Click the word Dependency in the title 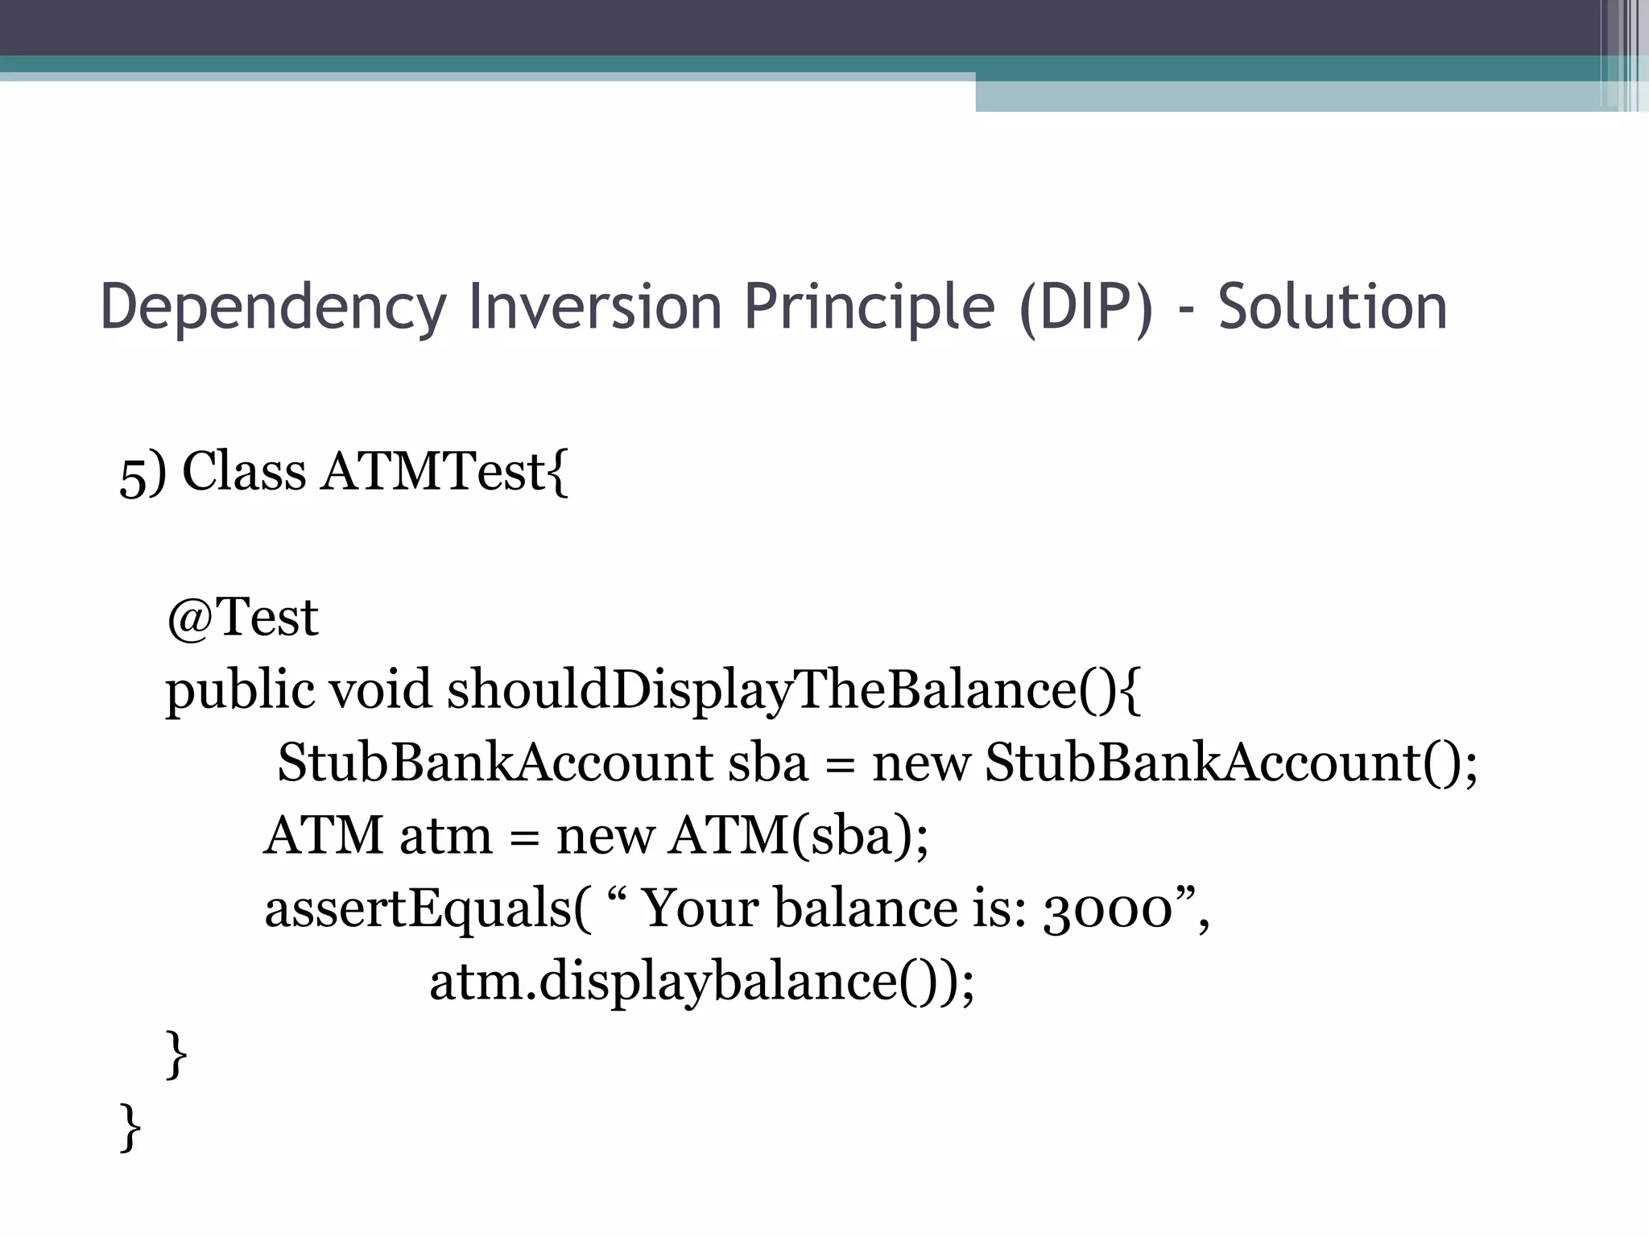(x=273, y=307)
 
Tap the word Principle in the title (x=870, y=307)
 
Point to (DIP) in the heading (x=1086, y=307)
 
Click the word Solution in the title (x=1333, y=307)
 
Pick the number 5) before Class (x=143, y=473)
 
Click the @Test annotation (x=242, y=618)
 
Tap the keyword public (x=240, y=691)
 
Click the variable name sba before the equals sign (x=767, y=763)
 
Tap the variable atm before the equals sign (x=445, y=836)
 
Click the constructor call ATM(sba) (x=797, y=836)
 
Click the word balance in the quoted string (x=865, y=908)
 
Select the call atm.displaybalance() (x=701, y=982)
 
